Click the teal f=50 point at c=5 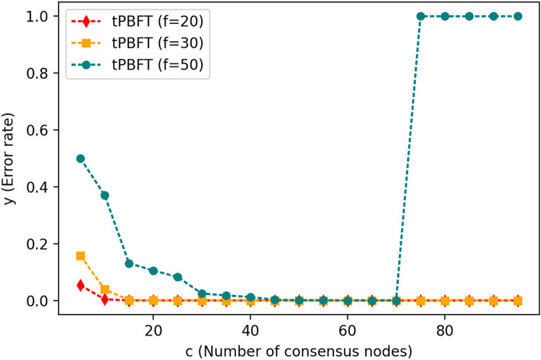80,158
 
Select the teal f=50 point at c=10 105,196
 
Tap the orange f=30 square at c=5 80,256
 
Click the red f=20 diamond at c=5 80,285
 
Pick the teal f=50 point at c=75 420,16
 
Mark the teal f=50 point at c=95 517,16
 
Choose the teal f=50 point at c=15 129,264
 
